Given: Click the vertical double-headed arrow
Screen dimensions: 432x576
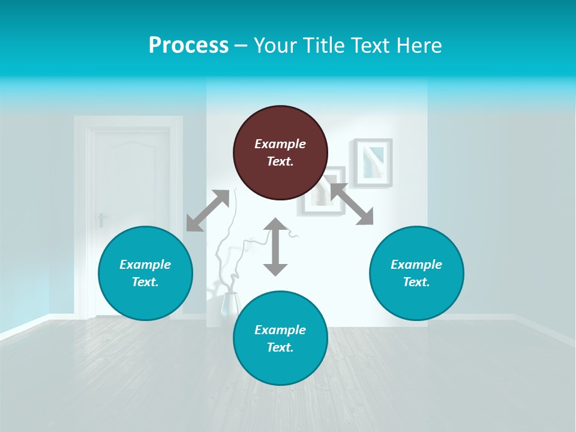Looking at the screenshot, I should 275,247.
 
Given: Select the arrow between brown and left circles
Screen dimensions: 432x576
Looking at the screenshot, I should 208,211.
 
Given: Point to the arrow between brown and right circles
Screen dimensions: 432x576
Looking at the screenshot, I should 352,205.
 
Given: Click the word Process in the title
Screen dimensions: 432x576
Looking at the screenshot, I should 188,45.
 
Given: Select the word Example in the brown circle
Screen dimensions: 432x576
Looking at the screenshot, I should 280,144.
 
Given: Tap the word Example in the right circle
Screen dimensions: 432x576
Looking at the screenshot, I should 416,265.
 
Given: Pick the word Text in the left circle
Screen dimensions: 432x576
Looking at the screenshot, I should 145,282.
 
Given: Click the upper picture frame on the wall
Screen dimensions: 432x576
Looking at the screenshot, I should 373,163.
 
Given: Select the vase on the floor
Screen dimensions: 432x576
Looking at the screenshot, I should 229,305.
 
